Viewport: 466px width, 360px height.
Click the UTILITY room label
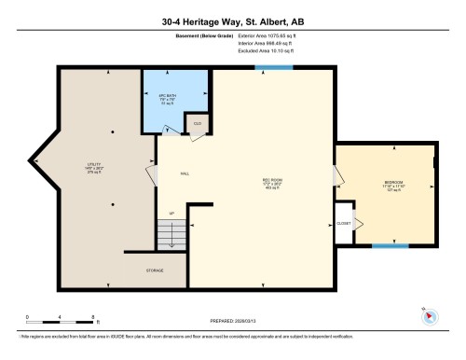click(x=94, y=167)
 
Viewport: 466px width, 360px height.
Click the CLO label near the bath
click(x=198, y=123)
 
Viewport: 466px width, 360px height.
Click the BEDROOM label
click(x=393, y=183)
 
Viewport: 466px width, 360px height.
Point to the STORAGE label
click(x=155, y=270)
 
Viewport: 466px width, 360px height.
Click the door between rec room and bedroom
click(x=336, y=174)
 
